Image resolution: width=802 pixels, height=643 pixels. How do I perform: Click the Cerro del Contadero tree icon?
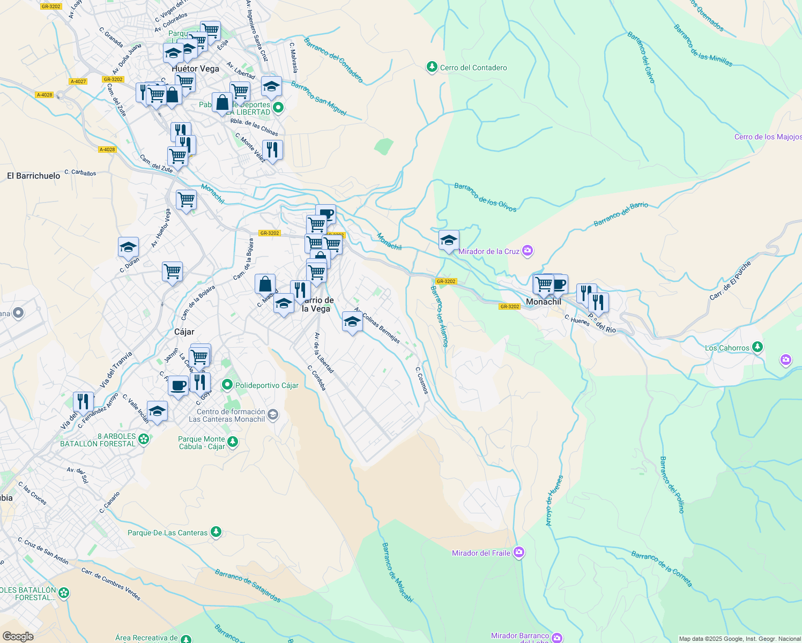(432, 67)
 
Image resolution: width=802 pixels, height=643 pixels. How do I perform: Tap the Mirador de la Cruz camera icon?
(528, 251)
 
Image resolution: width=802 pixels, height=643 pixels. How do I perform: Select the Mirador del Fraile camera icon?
(518, 552)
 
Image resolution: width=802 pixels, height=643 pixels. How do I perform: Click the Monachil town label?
(543, 302)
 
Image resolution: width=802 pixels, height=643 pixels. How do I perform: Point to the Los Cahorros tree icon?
(757, 347)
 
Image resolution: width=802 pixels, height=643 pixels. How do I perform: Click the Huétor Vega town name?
(195, 69)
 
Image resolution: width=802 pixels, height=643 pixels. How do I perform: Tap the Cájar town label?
(184, 332)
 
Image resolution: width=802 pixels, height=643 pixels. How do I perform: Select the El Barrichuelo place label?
(33, 176)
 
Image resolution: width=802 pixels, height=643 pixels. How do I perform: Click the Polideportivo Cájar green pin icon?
(227, 385)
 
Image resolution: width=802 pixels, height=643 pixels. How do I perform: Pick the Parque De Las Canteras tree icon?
(216, 532)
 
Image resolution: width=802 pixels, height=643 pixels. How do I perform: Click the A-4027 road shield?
(78, 81)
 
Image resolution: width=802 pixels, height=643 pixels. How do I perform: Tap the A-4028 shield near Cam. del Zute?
(107, 149)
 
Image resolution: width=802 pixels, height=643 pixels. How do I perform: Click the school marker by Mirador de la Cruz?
(449, 241)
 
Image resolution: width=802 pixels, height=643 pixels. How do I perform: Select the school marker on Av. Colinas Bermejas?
(352, 322)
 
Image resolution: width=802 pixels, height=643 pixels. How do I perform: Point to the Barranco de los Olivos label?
(485, 197)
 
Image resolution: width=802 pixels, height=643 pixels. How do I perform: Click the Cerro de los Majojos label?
(768, 137)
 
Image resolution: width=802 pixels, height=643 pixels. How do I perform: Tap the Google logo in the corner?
(18, 637)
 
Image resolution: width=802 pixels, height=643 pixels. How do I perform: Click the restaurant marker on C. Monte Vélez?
(272, 150)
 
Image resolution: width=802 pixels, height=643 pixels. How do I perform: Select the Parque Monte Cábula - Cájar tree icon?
(232, 442)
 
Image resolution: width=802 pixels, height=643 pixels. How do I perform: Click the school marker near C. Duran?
(128, 248)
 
